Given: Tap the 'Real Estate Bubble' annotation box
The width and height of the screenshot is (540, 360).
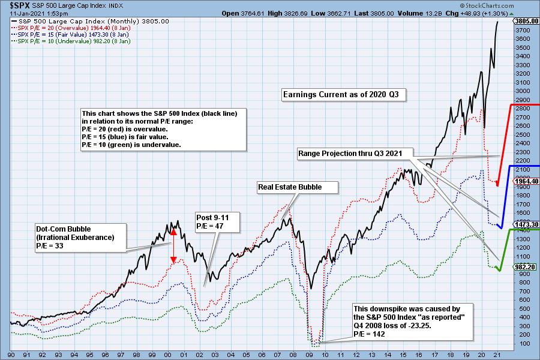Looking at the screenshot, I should (x=290, y=187).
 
